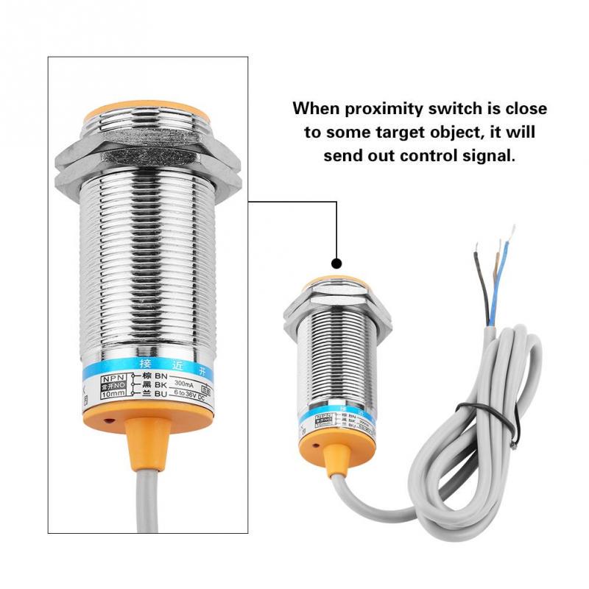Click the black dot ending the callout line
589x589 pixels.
click(336, 263)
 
